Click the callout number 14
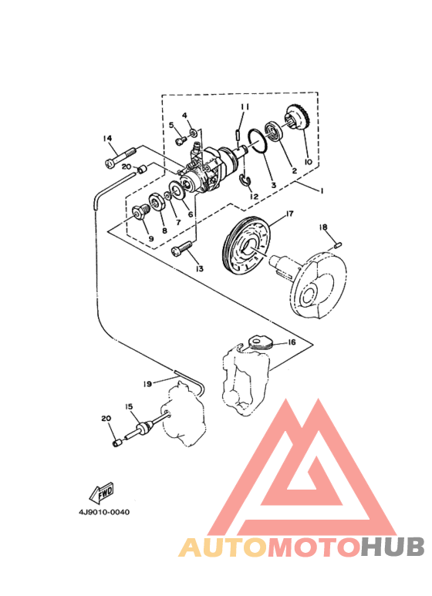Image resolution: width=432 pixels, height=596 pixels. click(108, 138)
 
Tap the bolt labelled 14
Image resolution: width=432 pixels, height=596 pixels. click(120, 157)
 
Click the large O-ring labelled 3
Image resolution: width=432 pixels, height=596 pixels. click(258, 142)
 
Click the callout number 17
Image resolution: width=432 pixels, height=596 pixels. click(289, 214)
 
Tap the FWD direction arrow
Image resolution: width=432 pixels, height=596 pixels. click(101, 493)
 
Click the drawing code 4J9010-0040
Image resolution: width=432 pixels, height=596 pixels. click(104, 513)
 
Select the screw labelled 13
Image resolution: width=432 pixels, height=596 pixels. click(183, 249)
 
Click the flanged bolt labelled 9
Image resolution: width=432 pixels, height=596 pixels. click(140, 211)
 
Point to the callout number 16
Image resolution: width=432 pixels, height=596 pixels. click(292, 342)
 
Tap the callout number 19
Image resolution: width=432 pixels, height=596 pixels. click(147, 384)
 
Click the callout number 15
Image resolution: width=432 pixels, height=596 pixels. click(129, 407)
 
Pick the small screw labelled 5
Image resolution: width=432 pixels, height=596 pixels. click(181, 140)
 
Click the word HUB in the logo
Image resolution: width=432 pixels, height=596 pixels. click(393, 547)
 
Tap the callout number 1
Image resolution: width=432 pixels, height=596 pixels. click(322, 190)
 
